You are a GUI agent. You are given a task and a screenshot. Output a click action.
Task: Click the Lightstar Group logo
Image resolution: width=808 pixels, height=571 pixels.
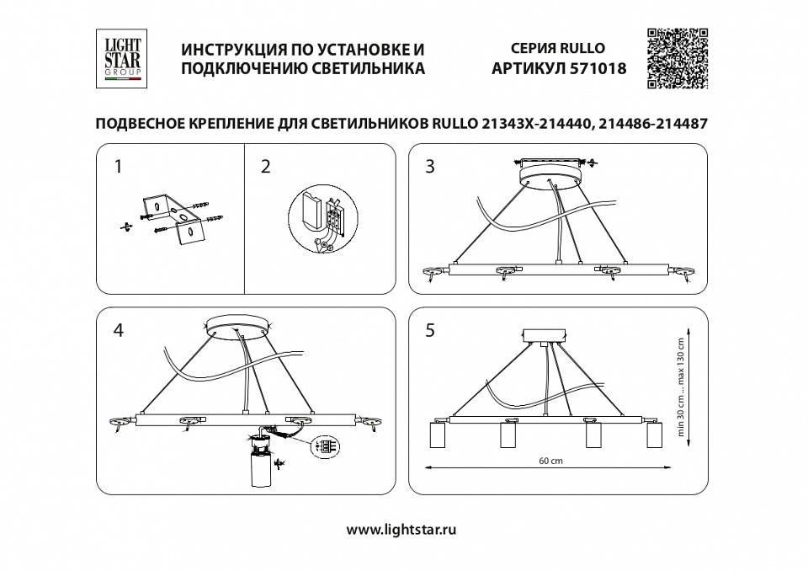(123, 58)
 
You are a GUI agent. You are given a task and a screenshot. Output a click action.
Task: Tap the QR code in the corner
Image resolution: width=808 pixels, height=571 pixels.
(677, 58)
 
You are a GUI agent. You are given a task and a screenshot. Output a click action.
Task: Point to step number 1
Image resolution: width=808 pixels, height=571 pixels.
(118, 167)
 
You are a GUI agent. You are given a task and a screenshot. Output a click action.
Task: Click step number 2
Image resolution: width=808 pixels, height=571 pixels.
(265, 167)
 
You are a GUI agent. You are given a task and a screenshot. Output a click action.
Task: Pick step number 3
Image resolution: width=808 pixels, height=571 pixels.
(430, 167)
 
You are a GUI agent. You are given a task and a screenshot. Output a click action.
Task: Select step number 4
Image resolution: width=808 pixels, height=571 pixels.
(118, 330)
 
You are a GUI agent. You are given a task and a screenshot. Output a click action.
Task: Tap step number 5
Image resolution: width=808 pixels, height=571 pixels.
(430, 330)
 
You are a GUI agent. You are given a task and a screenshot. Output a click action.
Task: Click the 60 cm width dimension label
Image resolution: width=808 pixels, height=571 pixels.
(550, 462)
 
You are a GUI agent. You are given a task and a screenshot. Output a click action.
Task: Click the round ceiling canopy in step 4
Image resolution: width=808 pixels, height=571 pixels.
(241, 324)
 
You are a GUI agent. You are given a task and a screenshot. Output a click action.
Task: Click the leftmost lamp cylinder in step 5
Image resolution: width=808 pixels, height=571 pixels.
(439, 435)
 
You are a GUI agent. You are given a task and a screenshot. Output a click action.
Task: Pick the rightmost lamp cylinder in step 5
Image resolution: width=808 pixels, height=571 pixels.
(653, 435)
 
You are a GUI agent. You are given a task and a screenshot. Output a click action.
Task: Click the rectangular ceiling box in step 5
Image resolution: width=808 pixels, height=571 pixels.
(545, 335)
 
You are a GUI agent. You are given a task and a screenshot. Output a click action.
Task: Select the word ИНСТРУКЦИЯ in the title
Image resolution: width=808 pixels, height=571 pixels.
(237, 50)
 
